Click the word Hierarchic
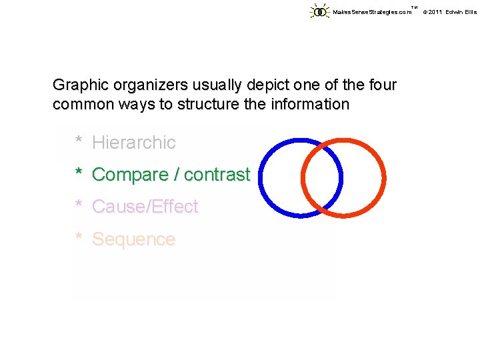pyautogui.click(x=134, y=142)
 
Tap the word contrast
pyautogui.click(x=217, y=175)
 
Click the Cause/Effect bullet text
pyautogui.click(x=145, y=207)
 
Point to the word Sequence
pyautogui.click(x=133, y=239)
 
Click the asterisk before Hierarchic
pyautogui.click(x=79, y=141)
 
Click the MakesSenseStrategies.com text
pyautogui.click(x=372, y=12)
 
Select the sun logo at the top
pyautogui.click(x=321, y=11)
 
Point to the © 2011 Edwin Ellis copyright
pyautogui.click(x=449, y=12)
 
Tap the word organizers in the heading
pyautogui.click(x=143, y=86)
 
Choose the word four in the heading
pyautogui.click(x=381, y=85)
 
